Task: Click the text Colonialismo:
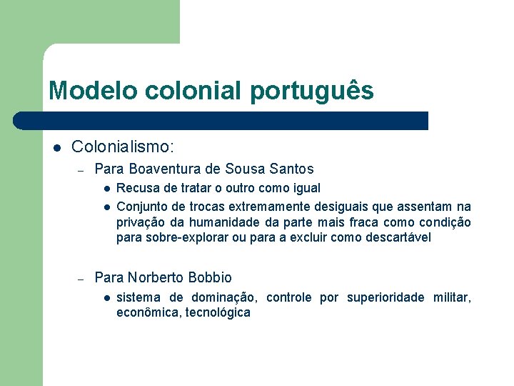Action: (x=122, y=147)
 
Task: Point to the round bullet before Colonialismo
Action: (x=56, y=148)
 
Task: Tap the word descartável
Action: (x=397, y=237)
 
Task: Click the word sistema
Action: (x=138, y=297)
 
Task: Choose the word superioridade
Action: (x=385, y=297)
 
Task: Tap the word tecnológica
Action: (x=218, y=312)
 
